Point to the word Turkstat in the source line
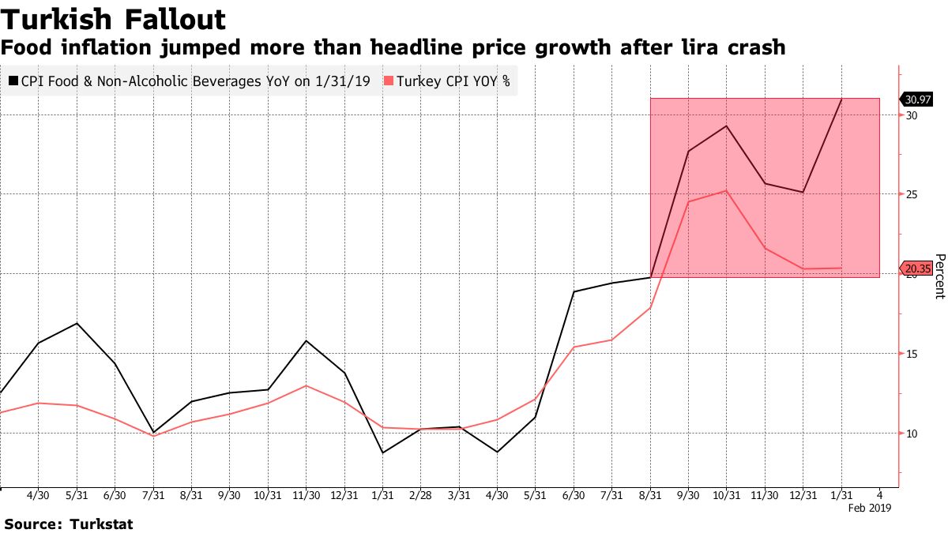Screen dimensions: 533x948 pos(102,524)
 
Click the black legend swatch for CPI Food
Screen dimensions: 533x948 pos(13,81)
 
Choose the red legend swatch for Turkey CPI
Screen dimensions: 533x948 pos(388,81)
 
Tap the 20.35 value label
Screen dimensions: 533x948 pos(916,268)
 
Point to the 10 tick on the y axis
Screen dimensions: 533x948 pos(912,434)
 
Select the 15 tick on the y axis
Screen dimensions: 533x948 pos(912,354)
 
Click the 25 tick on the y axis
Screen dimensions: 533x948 pos(912,194)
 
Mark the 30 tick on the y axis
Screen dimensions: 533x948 pos(912,115)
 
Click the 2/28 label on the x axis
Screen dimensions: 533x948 pos(420,495)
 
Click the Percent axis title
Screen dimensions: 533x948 pos(939,276)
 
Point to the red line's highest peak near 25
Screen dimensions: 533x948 pos(726,190)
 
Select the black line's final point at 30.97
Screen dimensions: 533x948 pos(841,99)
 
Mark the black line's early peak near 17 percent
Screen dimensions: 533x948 pos(77,323)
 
